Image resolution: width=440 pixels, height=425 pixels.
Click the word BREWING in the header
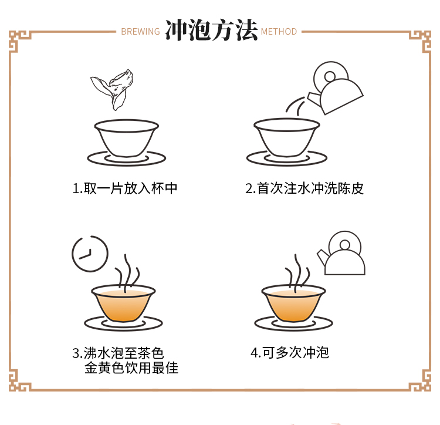click(x=140, y=32)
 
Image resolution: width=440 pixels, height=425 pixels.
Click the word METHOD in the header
click(x=279, y=32)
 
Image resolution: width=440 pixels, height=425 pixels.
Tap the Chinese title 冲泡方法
click(x=211, y=31)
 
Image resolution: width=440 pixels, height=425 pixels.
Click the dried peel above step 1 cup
click(x=113, y=89)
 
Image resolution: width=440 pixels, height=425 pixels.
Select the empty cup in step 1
click(x=127, y=138)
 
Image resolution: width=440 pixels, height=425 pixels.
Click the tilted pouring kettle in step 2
click(x=336, y=88)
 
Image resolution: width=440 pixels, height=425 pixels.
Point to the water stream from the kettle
click(x=295, y=106)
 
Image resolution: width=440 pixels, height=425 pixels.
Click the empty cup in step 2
click(x=286, y=137)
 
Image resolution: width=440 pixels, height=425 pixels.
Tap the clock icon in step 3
click(x=90, y=254)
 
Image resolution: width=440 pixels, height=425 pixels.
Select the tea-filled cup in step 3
click(x=123, y=303)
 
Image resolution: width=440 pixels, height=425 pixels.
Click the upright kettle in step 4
click(x=341, y=253)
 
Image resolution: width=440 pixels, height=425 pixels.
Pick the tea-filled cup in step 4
click(x=293, y=303)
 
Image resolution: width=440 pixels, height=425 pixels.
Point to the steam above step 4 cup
click(x=297, y=273)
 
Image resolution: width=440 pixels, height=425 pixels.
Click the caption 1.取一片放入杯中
click(x=125, y=188)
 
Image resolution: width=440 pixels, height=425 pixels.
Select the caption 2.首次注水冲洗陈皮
click(x=304, y=188)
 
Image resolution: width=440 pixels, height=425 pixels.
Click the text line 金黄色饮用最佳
click(x=131, y=367)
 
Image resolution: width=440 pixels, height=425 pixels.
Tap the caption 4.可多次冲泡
click(x=289, y=353)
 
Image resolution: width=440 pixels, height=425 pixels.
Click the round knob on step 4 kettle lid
click(x=344, y=245)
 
